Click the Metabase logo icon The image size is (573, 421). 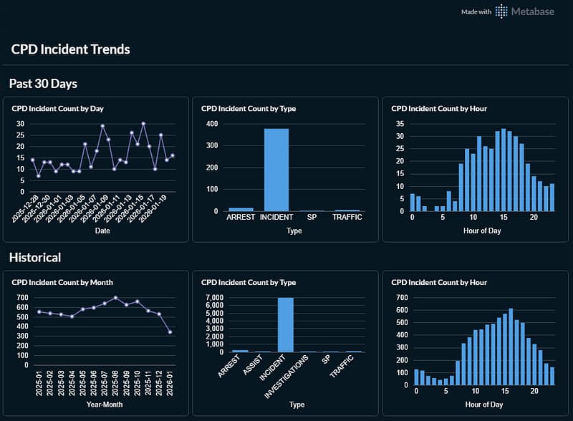(x=501, y=11)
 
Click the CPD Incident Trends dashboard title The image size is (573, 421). (x=70, y=49)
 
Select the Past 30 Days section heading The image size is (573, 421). (x=43, y=84)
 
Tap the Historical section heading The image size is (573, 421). (x=34, y=257)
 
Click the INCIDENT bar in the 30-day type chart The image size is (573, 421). (x=276, y=170)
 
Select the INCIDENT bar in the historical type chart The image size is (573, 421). (x=285, y=324)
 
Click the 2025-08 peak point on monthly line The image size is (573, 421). (x=115, y=298)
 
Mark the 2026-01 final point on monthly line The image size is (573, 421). (x=170, y=332)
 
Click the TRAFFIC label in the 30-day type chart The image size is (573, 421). (x=347, y=217)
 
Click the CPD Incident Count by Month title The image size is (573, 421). (x=62, y=282)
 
